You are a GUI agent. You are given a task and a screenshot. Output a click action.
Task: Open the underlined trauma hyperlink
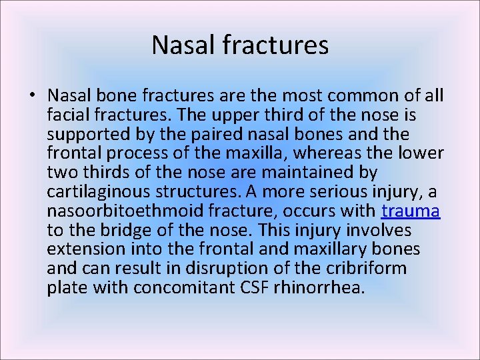pyautogui.click(x=411, y=211)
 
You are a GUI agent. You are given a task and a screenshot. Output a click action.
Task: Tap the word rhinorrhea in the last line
pyautogui.click(x=328, y=289)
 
